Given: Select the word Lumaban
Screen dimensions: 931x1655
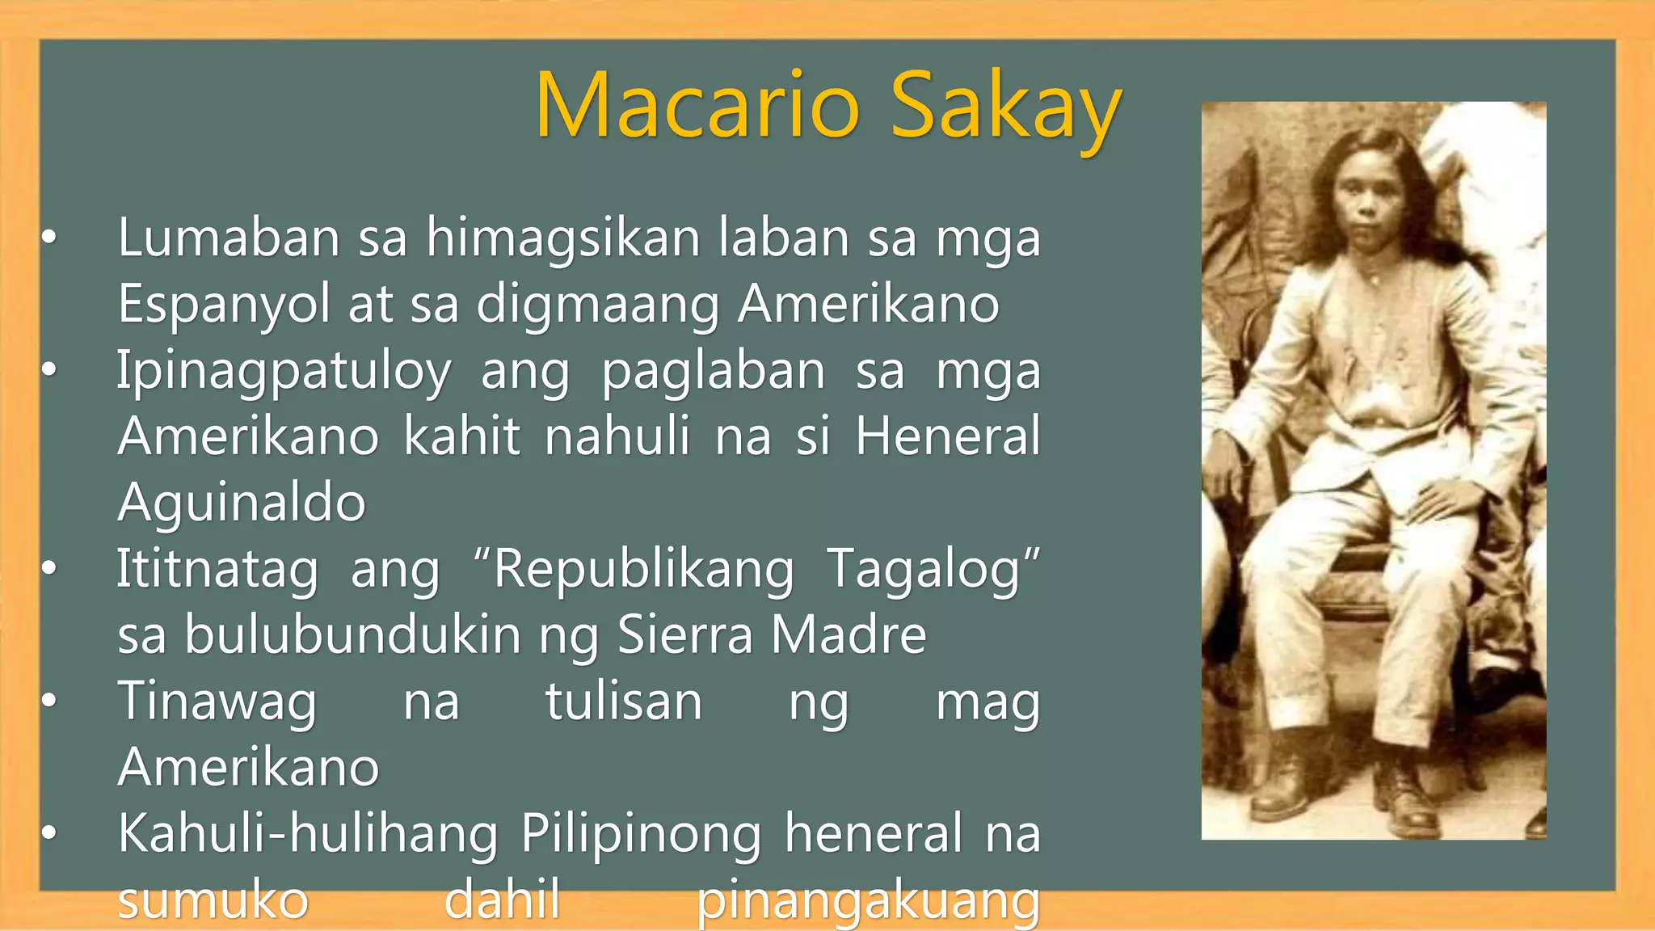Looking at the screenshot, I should point(229,238).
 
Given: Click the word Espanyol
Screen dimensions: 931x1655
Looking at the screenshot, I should point(224,305).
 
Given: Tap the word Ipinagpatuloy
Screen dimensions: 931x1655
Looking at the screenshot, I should point(284,372).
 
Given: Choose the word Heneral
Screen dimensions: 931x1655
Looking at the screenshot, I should point(948,436).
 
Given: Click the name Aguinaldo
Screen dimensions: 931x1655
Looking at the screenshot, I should point(242,503).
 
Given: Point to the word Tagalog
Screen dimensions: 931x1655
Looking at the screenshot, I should point(933,570).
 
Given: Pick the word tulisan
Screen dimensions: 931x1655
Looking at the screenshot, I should point(624,701).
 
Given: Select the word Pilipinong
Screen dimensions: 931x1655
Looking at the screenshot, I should point(641,834).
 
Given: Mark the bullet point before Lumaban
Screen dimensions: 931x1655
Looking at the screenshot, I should point(49,238).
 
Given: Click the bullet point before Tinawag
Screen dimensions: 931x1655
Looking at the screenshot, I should point(49,701).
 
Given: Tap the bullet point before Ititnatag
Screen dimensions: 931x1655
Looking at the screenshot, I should point(49,570).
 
